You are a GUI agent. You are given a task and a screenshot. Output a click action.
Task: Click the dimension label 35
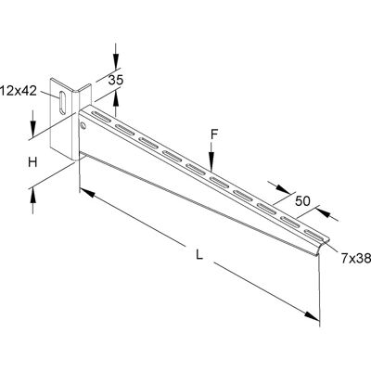(x=116, y=80)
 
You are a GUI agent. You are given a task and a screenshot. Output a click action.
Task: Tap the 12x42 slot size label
(x=19, y=91)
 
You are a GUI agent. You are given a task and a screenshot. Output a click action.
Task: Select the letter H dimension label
(x=32, y=162)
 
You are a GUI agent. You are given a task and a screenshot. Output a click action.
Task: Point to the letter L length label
(x=199, y=255)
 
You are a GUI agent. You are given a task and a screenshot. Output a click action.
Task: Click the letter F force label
(x=214, y=134)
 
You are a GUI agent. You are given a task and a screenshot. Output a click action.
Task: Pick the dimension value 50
(x=302, y=201)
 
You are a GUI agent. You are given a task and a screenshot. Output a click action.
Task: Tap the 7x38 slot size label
(x=356, y=259)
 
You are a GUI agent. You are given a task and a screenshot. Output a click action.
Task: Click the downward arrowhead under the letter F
(x=211, y=163)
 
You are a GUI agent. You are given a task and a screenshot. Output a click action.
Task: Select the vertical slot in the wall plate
(x=62, y=103)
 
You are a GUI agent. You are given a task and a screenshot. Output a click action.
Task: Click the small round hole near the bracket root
(x=83, y=125)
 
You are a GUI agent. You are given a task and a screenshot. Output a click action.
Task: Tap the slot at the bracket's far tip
(x=313, y=235)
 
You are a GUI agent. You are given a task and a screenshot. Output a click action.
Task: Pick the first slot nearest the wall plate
(x=101, y=115)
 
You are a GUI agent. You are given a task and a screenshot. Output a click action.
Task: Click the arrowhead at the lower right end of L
(x=312, y=316)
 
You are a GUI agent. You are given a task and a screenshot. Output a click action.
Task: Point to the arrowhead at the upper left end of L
(x=87, y=193)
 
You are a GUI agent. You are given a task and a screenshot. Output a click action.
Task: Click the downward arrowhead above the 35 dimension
(x=116, y=61)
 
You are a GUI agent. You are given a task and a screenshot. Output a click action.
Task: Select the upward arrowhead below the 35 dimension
(x=116, y=98)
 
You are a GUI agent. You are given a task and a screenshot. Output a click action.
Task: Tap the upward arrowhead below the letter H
(x=32, y=195)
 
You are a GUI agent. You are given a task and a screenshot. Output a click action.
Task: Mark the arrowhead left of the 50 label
(x=283, y=189)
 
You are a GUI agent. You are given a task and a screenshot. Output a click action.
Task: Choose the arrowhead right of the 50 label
(x=323, y=212)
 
